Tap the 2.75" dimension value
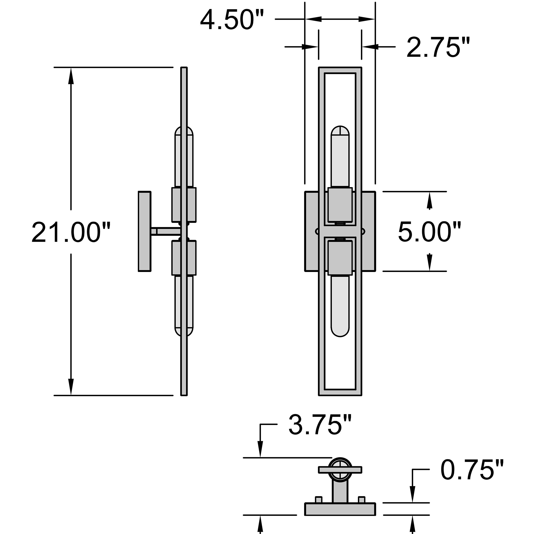[x=438, y=47]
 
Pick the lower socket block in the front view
[x=340, y=258]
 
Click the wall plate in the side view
[x=145, y=231]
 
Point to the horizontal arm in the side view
[x=166, y=231]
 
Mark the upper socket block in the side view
[x=184, y=204]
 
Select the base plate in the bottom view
[x=340, y=509]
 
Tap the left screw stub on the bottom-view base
[x=319, y=499]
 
